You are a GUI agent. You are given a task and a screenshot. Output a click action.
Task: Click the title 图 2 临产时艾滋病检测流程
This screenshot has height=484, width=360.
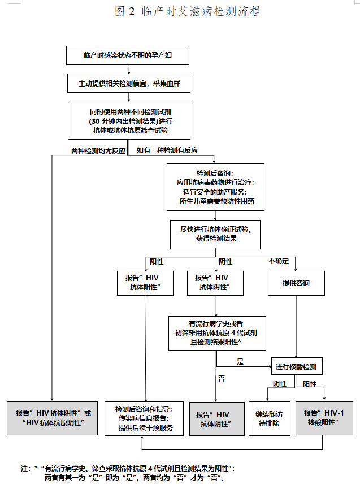tap(188, 11)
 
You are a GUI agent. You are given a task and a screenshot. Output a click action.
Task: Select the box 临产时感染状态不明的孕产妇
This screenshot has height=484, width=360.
tap(128, 55)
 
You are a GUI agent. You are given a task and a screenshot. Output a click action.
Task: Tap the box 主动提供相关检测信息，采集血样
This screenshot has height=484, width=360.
tap(129, 83)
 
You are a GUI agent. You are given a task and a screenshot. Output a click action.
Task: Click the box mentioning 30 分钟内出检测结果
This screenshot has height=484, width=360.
tap(129, 120)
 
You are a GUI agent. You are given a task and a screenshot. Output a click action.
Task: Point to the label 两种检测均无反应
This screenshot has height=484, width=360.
tap(98, 151)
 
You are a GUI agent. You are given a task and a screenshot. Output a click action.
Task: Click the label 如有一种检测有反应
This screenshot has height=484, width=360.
tap(167, 150)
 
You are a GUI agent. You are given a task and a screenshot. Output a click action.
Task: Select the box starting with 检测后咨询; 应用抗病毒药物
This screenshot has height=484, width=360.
tap(216, 187)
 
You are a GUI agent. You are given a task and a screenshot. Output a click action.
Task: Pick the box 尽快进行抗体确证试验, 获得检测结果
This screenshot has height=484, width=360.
tap(215, 235)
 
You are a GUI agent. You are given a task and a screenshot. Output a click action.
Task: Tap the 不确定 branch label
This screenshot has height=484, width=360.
tap(279, 261)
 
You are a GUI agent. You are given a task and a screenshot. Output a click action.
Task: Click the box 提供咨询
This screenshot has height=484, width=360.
tap(296, 283)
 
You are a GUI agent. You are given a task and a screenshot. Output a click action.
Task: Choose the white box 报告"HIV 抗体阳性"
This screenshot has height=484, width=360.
tap(145, 283)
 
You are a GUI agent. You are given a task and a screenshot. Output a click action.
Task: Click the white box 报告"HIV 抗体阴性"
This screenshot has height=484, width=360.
tap(215, 283)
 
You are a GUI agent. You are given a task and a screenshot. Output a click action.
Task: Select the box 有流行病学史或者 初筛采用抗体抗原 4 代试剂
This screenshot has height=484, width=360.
tap(217, 334)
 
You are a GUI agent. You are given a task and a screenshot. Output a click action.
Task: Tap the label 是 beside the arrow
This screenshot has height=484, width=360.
tap(240, 362)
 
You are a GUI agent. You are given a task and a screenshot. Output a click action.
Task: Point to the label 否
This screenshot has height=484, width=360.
tap(222, 378)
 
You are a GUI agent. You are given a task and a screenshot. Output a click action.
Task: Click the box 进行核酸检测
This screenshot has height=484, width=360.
tap(297, 366)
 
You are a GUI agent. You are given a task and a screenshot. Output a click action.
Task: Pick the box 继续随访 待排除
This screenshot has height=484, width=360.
tap(270, 418)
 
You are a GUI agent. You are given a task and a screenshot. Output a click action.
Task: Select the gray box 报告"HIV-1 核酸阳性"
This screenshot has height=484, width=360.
tap(324, 418)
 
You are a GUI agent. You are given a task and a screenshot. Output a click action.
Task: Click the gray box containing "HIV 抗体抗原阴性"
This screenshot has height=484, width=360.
tap(53, 418)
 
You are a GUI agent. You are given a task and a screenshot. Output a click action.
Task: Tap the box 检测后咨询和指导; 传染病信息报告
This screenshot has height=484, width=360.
tap(144, 418)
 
